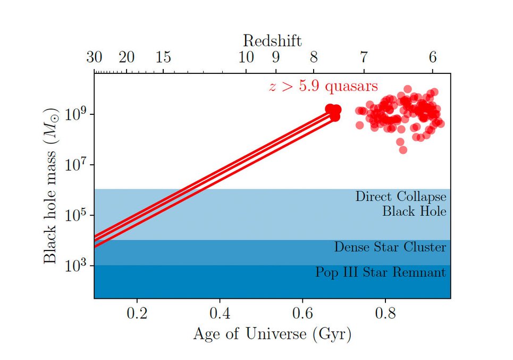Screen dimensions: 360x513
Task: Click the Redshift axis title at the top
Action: pos(272,40)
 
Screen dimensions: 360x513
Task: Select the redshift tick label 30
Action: pos(94,57)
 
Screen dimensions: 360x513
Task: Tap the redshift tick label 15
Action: pos(163,57)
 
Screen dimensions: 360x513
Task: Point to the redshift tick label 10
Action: pos(246,57)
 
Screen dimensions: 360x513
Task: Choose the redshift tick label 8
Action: pos(314,57)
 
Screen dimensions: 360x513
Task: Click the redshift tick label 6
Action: pos(432,57)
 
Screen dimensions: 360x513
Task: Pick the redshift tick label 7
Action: pos(364,57)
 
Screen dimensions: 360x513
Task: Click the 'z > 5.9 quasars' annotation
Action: pos(323,86)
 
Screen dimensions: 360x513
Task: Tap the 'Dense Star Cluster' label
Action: pos(390,247)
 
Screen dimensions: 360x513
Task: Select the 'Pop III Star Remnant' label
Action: pos(380,273)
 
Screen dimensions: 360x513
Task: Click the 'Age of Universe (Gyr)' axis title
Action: pos(272,334)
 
